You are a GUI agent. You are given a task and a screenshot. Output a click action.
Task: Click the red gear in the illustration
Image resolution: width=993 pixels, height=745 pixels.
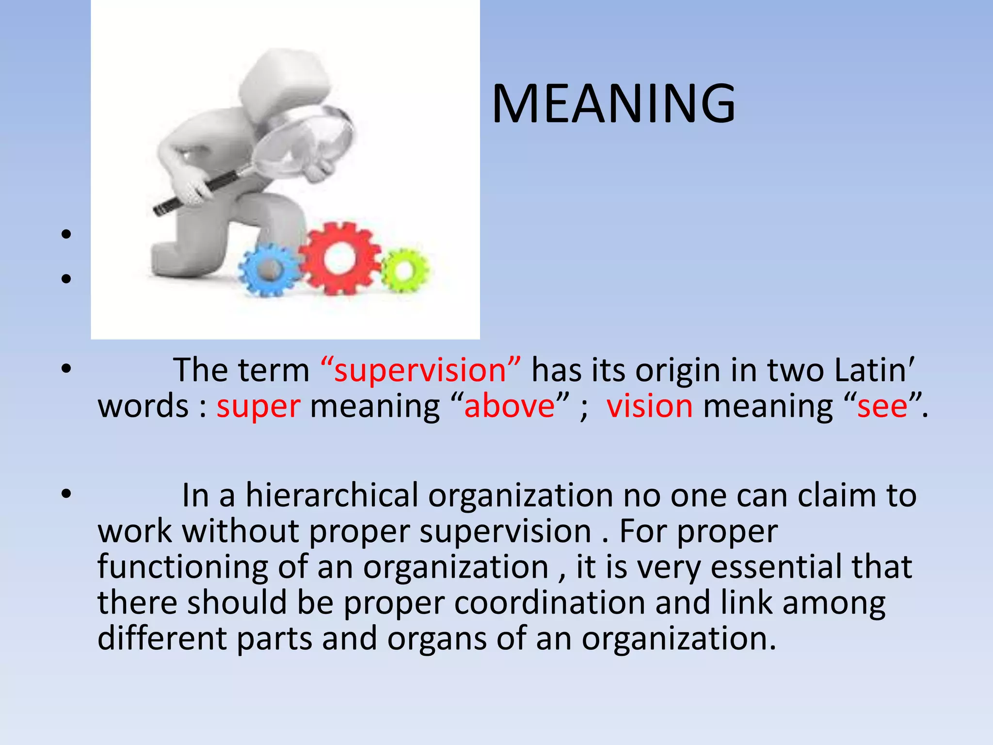[339, 259]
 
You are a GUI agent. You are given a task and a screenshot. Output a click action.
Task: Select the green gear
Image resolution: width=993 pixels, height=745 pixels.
[405, 270]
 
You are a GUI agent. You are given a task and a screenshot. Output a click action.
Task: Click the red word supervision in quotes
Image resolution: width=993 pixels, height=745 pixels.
[421, 371]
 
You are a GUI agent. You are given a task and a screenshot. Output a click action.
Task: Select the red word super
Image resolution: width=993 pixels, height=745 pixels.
[258, 406]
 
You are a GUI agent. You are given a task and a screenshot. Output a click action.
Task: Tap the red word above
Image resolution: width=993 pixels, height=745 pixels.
[509, 406]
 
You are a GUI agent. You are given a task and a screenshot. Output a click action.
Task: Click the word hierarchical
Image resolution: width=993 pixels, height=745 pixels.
[332, 496]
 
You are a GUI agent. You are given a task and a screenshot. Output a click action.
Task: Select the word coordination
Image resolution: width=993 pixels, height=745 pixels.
[550, 603]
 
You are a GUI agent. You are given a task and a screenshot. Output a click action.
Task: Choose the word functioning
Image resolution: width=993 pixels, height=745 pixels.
[183, 567]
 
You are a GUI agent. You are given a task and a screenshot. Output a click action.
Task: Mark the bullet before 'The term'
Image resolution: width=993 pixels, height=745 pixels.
[66, 369]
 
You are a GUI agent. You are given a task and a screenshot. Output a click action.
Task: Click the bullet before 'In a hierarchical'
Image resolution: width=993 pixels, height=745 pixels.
[66, 494]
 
